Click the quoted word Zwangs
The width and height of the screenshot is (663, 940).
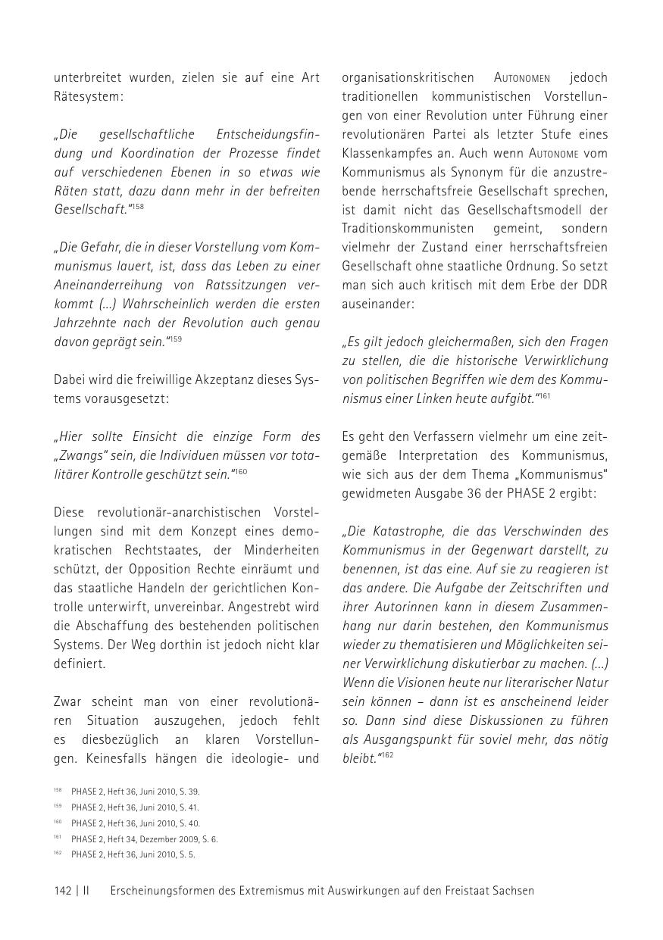tap(84, 455)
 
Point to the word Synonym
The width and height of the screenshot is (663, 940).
tap(471, 172)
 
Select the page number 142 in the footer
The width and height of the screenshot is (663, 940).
tap(63, 891)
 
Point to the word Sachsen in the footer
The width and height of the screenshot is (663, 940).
tap(514, 891)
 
